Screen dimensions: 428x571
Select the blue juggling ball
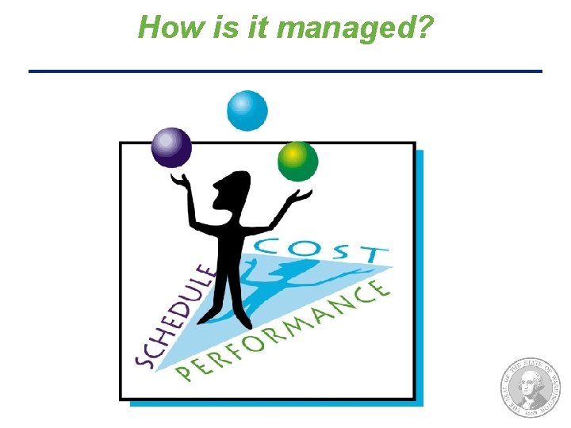(247, 110)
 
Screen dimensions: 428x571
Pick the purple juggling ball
(171, 147)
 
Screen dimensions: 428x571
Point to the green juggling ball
(297, 162)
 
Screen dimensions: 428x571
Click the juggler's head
(229, 189)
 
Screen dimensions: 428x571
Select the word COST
(324, 250)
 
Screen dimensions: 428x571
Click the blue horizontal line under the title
(285, 71)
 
